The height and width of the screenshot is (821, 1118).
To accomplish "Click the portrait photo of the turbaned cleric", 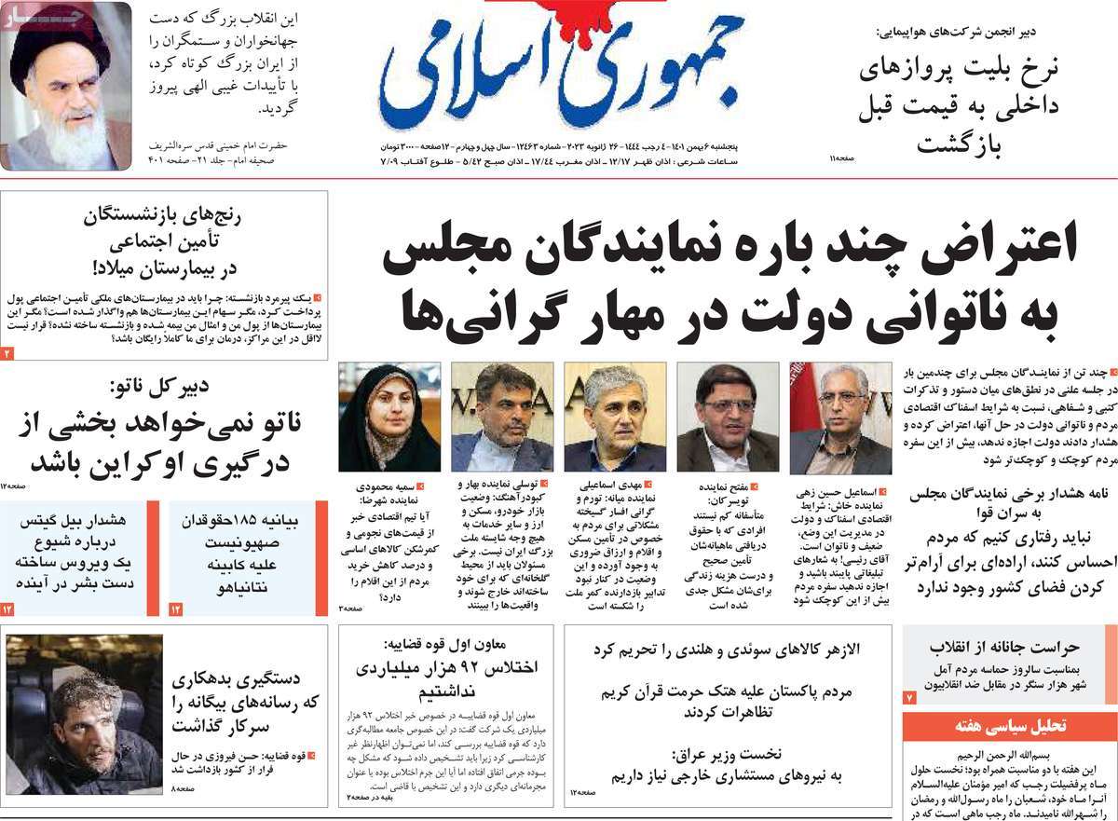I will tap(66, 87).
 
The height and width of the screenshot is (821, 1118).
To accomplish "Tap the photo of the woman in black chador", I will tap(389, 417).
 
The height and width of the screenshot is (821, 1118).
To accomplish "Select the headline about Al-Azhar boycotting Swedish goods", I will tap(726, 650).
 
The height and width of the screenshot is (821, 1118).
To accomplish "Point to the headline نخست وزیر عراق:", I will tap(727, 754).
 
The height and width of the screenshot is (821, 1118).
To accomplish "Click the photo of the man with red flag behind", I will tap(840, 417).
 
